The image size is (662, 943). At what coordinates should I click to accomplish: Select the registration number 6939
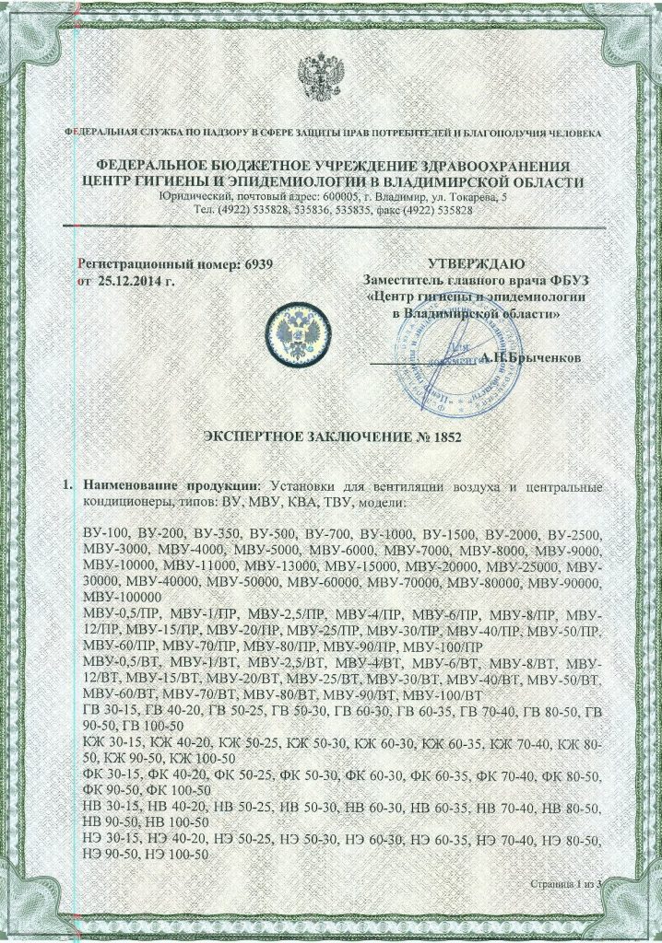point(259,264)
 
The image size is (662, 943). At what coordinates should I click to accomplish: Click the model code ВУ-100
point(105,535)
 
